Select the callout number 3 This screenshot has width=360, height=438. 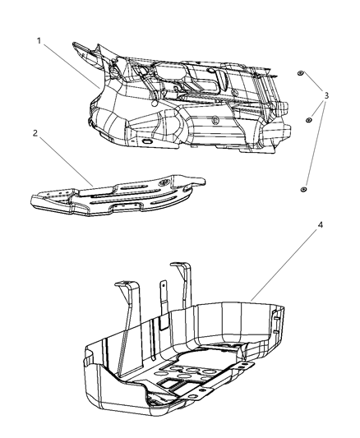pos(328,96)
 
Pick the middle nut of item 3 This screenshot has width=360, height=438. pos(308,120)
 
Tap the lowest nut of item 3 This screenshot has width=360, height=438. pos(304,189)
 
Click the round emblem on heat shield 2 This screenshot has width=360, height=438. pos(165,180)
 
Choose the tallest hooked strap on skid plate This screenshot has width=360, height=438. pos(185,284)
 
